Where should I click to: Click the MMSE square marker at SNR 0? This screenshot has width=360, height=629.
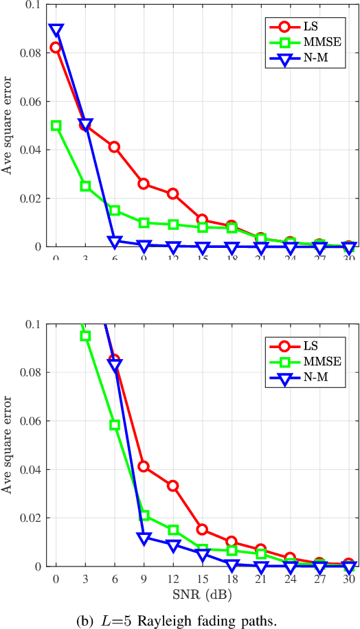[x=56, y=126]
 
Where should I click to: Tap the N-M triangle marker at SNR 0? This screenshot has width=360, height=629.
[x=56, y=30]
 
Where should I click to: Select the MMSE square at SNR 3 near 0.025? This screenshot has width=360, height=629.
[x=85, y=186]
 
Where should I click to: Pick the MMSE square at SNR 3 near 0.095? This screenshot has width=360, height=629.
[x=85, y=336]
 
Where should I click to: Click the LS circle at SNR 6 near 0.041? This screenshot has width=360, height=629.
[x=115, y=147]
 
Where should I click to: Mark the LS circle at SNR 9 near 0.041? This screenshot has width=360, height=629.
[x=144, y=466]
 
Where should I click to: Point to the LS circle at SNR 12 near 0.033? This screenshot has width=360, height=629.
[x=173, y=485]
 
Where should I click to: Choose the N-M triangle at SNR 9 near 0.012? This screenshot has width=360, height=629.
[x=144, y=538]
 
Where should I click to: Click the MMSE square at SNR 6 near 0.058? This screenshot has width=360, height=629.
[x=115, y=425]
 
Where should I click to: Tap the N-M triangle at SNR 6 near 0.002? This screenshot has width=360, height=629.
[x=115, y=242]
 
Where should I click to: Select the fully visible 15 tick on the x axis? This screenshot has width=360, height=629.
[x=202, y=580]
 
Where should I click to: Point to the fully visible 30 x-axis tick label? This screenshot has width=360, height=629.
[x=348, y=580]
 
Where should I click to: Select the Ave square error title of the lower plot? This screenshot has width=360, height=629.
[x=9, y=445]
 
